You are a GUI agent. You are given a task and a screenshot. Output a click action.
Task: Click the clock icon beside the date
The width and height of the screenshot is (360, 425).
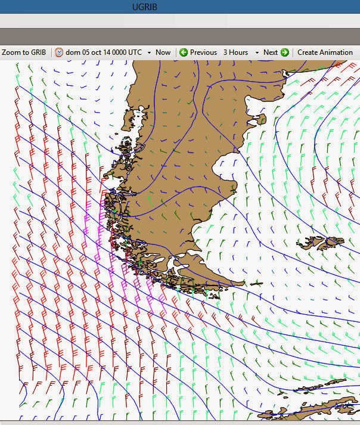(59, 52)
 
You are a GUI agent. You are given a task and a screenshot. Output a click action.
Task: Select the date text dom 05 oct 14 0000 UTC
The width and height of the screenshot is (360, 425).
(104, 52)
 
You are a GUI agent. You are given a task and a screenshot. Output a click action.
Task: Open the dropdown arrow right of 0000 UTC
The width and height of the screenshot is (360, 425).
(149, 52)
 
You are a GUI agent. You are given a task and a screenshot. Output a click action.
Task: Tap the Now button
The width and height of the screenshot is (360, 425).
(163, 52)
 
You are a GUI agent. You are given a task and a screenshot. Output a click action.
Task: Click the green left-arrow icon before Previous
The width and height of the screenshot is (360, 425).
(184, 52)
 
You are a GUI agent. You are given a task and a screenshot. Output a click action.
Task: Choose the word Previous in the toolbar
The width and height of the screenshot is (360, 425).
(203, 52)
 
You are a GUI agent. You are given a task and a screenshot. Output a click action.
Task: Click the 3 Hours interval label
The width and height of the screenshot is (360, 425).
(235, 52)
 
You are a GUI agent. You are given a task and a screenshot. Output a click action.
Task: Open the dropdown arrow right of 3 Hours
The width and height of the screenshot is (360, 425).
(257, 52)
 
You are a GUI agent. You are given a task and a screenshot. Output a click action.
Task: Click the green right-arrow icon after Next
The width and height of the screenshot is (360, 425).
(285, 52)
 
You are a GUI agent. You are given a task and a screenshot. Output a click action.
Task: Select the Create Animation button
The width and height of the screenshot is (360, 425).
(325, 52)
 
